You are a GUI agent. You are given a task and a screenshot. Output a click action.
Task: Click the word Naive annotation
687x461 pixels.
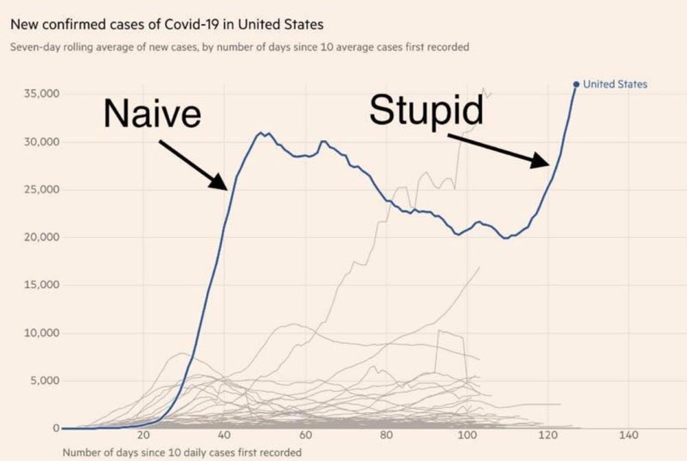[153, 113]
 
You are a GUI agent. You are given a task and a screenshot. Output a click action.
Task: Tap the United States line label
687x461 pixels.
[615, 84]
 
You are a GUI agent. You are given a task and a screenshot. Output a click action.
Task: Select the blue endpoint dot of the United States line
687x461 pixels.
[576, 84]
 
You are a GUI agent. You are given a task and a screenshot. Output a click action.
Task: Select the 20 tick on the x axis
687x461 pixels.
[143, 436]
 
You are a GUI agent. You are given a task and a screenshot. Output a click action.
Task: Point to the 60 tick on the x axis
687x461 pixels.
[305, 436]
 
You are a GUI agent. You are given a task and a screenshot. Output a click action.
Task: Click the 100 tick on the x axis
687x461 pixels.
[467, 436]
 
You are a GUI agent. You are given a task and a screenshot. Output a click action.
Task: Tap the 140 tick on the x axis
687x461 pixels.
[629, 436]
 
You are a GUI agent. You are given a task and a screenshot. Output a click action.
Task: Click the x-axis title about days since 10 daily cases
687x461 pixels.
[181, 453]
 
